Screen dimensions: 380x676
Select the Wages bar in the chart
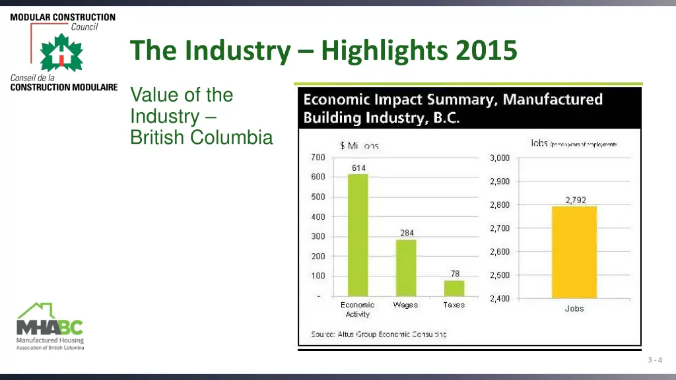tap(406, 268)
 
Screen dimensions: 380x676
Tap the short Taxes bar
tap(454, 288)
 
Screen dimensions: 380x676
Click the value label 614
tap(358, 168)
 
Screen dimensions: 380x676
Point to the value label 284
tap(407, 233)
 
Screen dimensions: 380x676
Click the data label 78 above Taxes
tap(455, 273)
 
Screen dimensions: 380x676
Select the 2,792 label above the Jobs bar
tap(575, 200)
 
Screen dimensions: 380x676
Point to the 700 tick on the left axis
tap(318, 157)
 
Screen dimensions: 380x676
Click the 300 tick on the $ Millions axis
tap(318, 236)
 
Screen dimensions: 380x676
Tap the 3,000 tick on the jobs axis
tap(499, 158)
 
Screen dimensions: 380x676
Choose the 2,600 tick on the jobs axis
tap(499, 251)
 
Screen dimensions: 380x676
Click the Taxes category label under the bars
tap(454, 305)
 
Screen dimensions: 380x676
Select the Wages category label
tap(405, 305)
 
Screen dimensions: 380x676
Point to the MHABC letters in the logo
tap(50, 327)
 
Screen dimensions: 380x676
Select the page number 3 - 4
tap(655, 360)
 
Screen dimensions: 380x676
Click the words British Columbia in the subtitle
tap(201, 137)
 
